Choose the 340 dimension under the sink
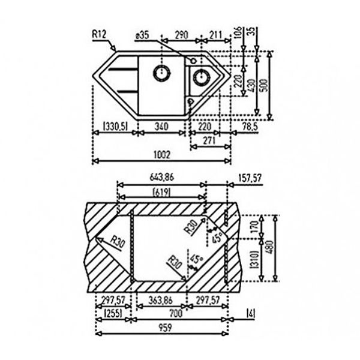(x=161, y=126)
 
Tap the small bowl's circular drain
(x=199, y=76)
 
